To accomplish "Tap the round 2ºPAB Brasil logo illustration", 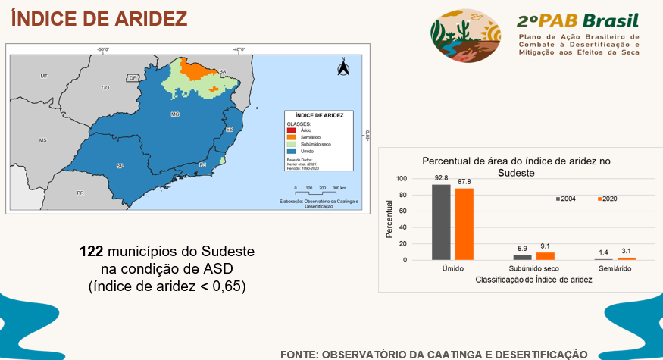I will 465,36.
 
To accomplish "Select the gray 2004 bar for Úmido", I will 440,222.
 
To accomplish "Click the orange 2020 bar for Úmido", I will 464,224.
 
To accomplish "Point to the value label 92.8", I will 440,178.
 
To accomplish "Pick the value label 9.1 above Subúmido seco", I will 546,246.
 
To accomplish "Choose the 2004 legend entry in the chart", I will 566,199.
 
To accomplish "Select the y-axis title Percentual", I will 389,220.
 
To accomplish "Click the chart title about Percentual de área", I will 516,167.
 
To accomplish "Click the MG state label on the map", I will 175,114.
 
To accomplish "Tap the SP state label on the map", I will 119,164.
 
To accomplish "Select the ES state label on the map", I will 230,130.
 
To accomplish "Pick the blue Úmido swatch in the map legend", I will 290,151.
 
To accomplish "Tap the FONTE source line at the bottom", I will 433,353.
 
